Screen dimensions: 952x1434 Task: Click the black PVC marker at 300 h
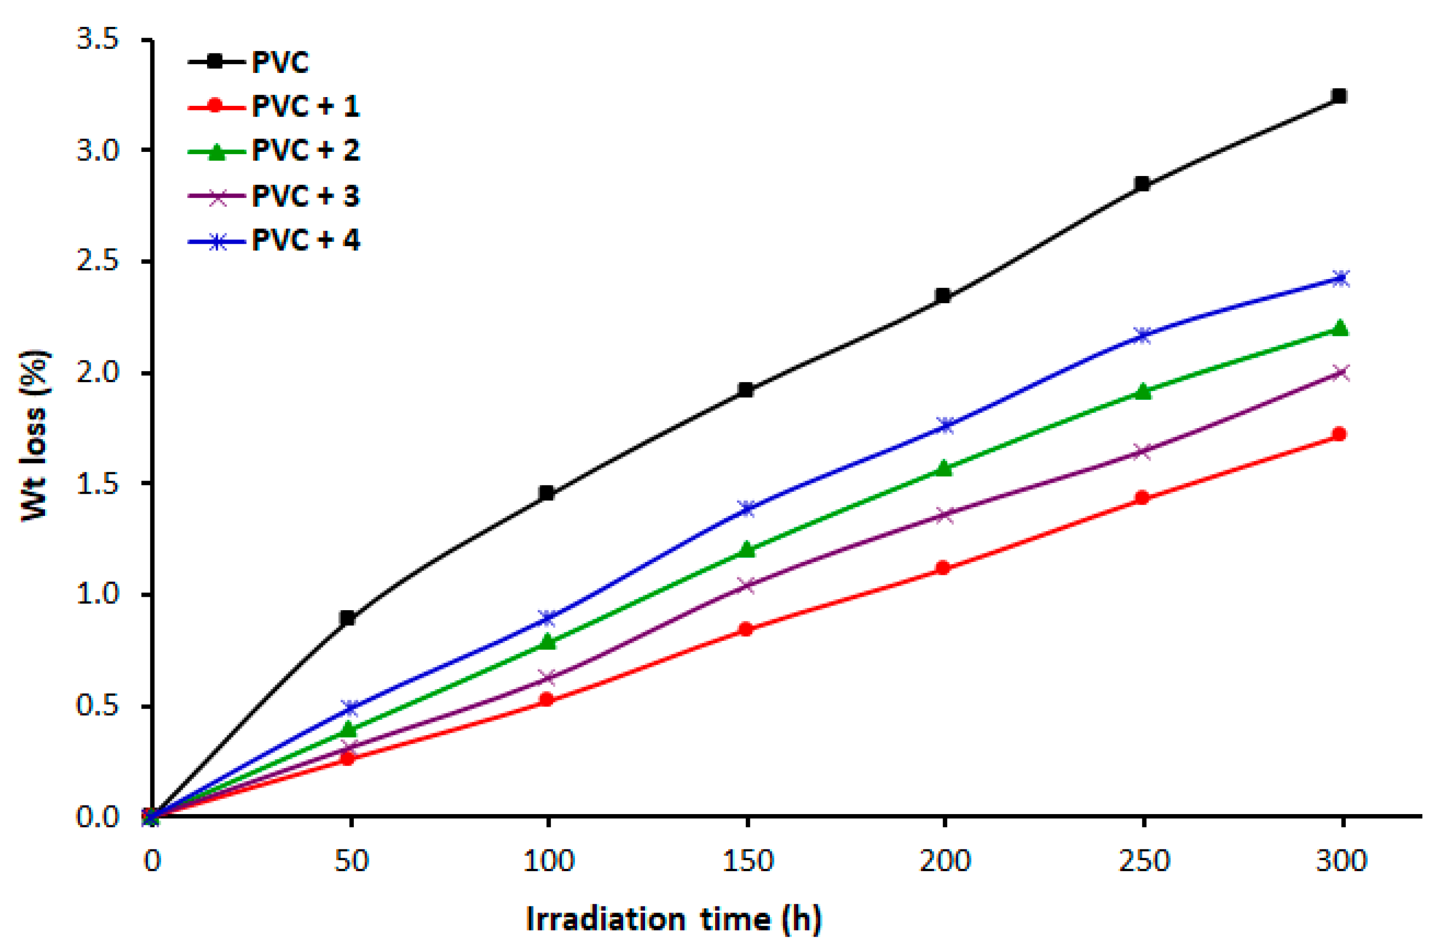coord(1339,96)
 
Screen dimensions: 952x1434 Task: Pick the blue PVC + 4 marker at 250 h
coord(1142,336)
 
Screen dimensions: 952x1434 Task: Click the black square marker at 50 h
coord(347,619)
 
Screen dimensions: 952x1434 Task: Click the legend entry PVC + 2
coord(306,150)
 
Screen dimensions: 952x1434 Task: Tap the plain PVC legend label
coord(280,62)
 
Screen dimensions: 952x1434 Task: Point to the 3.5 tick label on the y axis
coord(97,39)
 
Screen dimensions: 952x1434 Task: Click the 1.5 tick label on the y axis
coord(97,484)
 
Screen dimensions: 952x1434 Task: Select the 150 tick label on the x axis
coord(747,861)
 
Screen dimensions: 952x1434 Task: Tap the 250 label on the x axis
coord(1143,861)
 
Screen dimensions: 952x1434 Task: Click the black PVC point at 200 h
coord(943,296)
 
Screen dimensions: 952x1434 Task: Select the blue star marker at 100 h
coord(547,618)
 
